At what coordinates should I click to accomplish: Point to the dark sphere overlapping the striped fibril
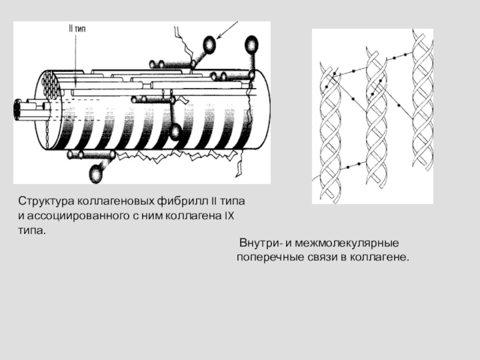click(x=175, y=131)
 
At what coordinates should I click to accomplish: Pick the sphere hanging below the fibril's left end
click(x=95, y=173)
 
